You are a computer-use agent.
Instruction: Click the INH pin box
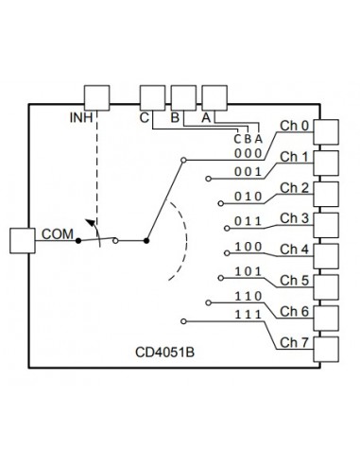(97, 97)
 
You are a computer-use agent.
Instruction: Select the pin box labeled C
(152, 97)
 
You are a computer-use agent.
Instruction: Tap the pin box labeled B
(183, 97)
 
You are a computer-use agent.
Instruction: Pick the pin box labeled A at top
(215, 97)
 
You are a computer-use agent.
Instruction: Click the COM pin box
(21, 240)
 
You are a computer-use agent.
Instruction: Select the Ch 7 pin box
(326, 347)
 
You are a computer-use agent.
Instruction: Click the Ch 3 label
(296, 218)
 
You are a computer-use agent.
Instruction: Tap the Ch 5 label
(296, 280)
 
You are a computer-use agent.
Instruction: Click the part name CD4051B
(165, 353)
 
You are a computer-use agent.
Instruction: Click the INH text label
(83, 118)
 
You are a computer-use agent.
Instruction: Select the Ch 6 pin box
(326, 316)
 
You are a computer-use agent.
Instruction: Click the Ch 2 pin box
(326, 193)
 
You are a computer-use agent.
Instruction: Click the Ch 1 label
(296, 156)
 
